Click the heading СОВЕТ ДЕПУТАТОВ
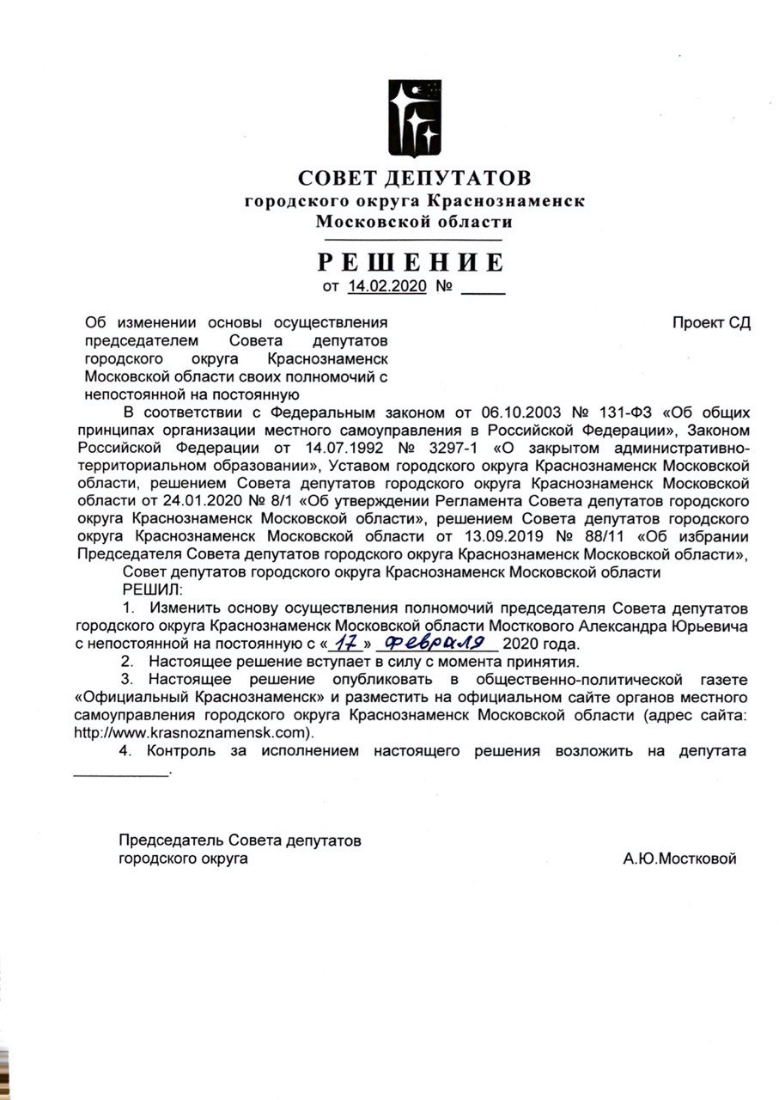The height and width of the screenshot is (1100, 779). click(x=415, y=178)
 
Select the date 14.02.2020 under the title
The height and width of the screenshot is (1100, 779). click(x=387, y=287)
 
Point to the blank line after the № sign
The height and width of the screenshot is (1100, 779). click(x=484, y=290)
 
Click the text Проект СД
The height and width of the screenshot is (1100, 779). click(x=712, y=323)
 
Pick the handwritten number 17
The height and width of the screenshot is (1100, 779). click(x=346, y=642)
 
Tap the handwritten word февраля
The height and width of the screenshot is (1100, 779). click(x=437, y=642)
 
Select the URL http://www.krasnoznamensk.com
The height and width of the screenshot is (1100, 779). click(x=190, y=732)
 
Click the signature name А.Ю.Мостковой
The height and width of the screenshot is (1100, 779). click(x=680, y=859)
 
